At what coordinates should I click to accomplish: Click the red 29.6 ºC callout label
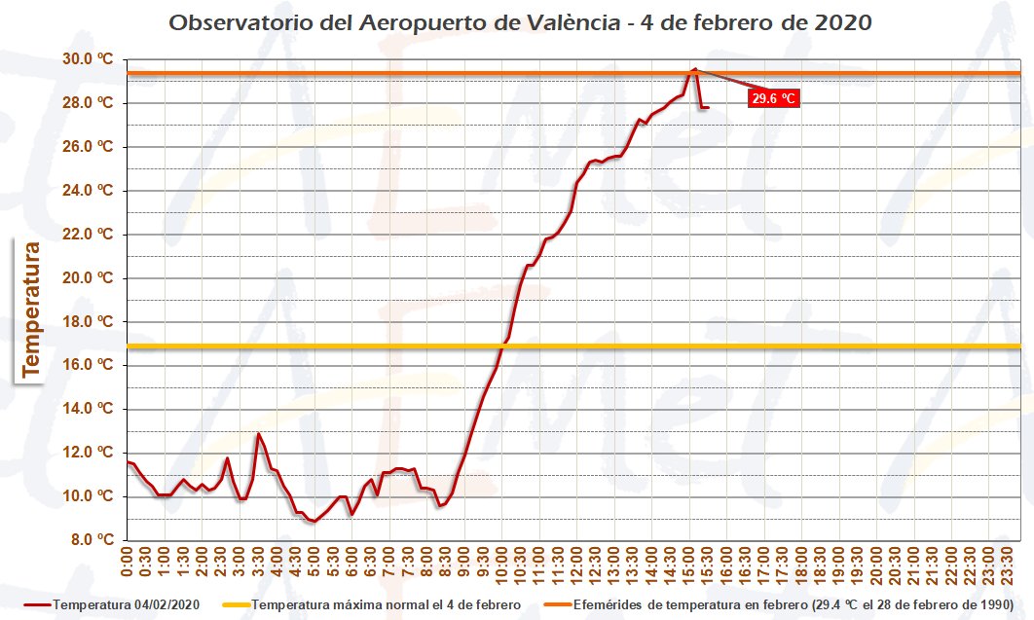[x=774, y=98]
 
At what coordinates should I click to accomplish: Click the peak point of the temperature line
[x=694, y=69]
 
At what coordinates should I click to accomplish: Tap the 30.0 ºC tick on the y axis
[x=90, y=59]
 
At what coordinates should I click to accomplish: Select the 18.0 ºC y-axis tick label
[x=90, y=322]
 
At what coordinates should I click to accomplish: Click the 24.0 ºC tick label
[x=90, y=191]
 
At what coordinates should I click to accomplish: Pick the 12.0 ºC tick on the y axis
[x=90, y=453]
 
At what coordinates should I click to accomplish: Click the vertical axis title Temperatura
[x=31, y=309]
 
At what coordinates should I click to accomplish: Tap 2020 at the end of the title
[x=838, y=22]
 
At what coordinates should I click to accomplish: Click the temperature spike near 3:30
[x=258, y=434]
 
